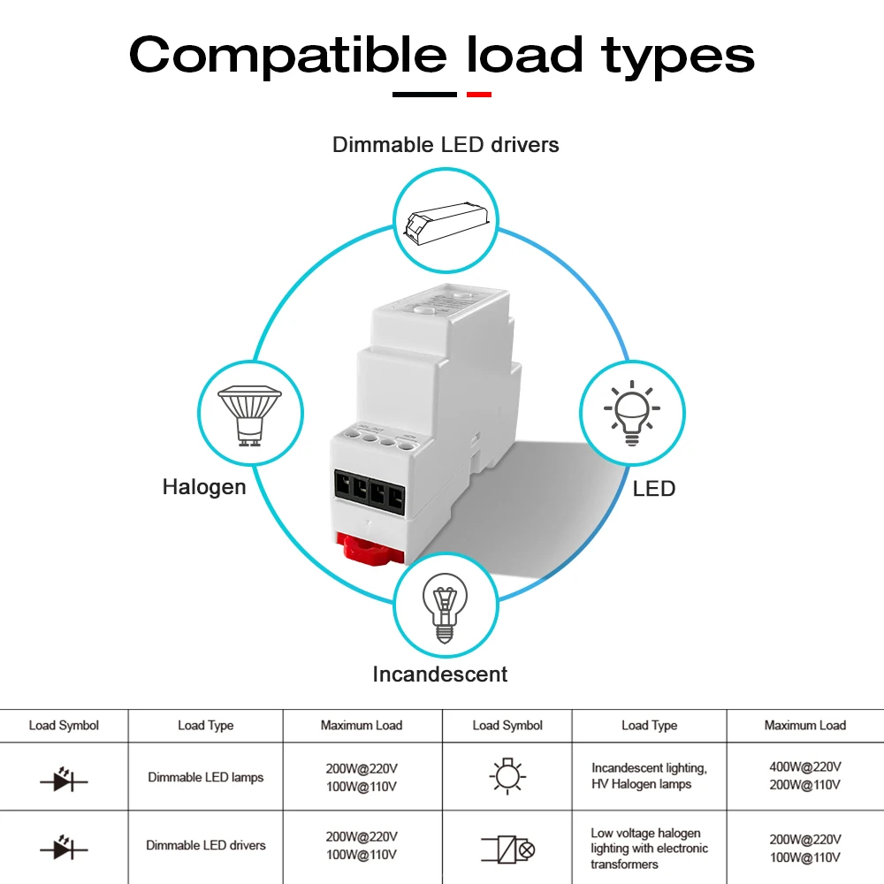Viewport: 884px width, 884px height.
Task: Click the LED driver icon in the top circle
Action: point(446,217)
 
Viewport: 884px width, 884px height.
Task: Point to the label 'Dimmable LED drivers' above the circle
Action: point(446,144)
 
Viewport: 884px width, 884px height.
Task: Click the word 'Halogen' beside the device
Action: point(204,487)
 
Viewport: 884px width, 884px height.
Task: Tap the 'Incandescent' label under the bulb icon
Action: point(440,674)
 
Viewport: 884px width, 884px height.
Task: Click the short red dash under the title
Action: point(478,94)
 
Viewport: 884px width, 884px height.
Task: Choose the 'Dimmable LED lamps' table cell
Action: point(206,777)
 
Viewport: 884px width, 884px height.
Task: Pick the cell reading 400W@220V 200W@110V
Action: point(804,775)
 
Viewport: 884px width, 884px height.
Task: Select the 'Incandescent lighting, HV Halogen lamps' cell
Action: point(649,776)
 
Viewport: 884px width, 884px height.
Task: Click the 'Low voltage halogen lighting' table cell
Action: point(649,848)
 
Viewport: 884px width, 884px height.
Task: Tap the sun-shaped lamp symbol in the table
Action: point(507,776)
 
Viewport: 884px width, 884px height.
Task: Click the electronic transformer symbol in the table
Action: point(508,850)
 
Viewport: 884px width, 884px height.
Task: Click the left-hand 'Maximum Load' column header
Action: point(362,726)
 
